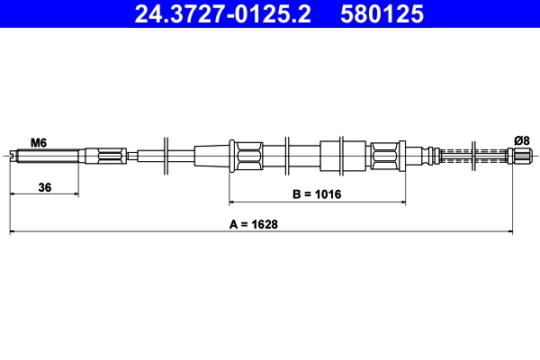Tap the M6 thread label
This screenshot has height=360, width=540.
pos(39,141)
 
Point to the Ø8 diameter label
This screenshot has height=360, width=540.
pos(521,139)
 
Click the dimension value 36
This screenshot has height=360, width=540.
pos(43,186)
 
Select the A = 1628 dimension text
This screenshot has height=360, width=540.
pos(253,225)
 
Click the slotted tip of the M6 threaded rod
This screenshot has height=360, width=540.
pos(12,157)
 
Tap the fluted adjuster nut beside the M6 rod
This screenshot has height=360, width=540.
pos(109,157)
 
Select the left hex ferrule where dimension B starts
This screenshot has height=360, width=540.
pos(247,156)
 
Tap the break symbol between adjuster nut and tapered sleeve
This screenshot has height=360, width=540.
pos(166,157)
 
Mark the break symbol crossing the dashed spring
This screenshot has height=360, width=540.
pos(472,156)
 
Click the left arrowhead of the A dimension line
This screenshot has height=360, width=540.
pos(13,233)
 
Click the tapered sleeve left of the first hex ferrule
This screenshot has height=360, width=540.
pos(212,156)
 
